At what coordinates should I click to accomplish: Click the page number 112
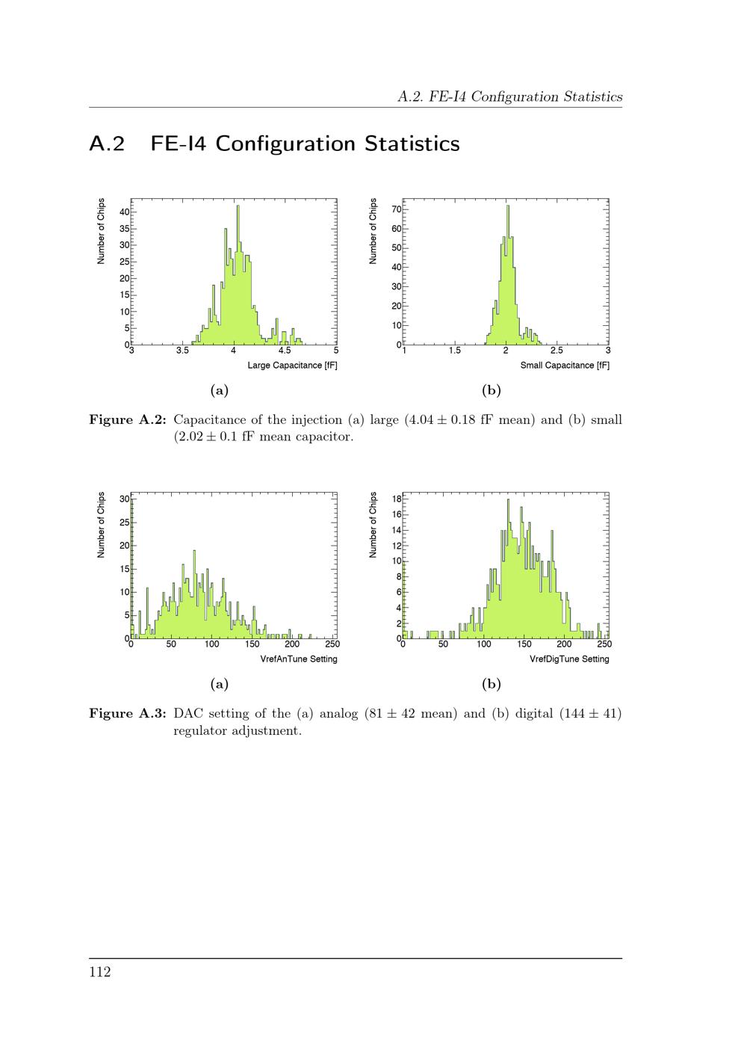pos(100,972)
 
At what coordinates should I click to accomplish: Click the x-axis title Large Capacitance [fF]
pos(292,366)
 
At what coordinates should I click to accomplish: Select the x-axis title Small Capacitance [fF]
pos(565,366)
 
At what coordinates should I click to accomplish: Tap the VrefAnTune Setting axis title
pos(299,659)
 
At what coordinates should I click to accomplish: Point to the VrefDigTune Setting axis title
pos(569,659)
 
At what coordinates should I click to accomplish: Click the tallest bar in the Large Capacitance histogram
pos(238,274)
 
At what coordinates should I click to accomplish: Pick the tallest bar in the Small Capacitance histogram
pos(508,274)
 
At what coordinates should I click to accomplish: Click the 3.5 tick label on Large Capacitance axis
pos(182,350)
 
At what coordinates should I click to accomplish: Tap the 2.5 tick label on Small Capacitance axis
pos(557,350)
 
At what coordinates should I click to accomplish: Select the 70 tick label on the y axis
pos(397,209)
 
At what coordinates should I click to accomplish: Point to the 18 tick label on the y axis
pos(397,499)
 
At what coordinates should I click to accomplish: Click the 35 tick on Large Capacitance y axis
pos(125,229)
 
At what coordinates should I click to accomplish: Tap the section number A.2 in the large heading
pos(107,144)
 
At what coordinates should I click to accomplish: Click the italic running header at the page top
pos(509,96)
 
